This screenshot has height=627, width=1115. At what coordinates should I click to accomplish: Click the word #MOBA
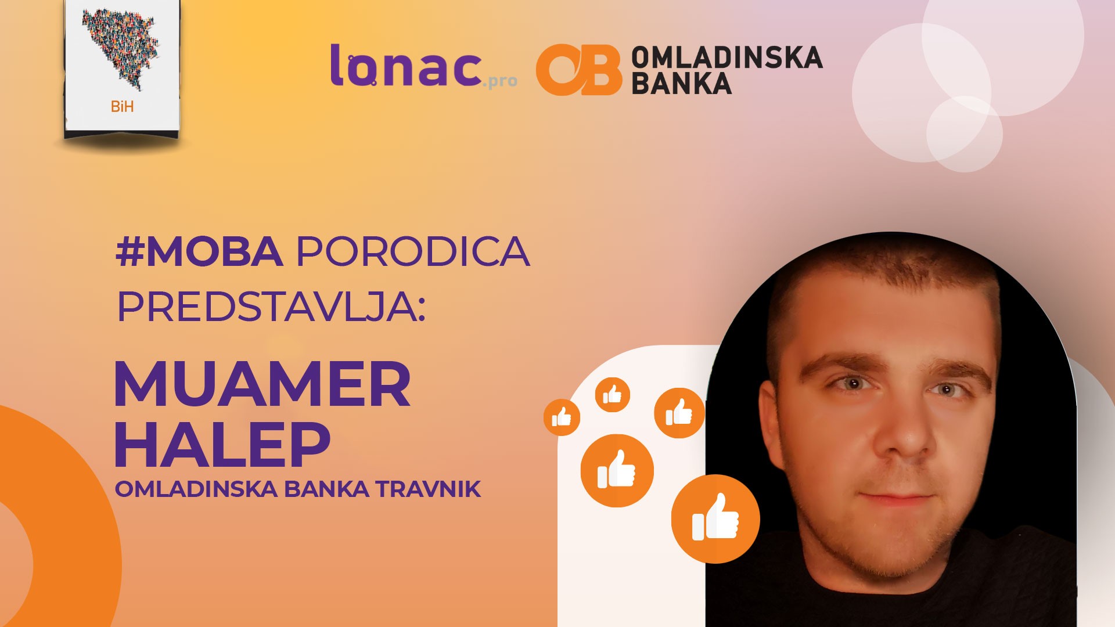click(x=199, y=251)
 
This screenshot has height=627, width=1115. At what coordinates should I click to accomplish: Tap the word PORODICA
click(x=413, y=251)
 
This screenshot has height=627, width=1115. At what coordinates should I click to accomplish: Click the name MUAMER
click(x=262, y=384)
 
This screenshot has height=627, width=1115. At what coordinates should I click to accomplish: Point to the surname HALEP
click(x=222, y=444)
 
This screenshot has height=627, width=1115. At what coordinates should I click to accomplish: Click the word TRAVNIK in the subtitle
click(x=428, y=489)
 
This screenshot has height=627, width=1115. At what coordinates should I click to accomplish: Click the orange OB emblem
click(x=578, y=69)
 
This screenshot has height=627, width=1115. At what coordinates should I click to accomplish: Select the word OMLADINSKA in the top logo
click(x=726, y=57)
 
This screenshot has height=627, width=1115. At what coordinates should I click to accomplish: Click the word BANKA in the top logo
click(x=681, y=83)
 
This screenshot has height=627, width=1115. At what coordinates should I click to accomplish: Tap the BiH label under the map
click(x=122, y=106)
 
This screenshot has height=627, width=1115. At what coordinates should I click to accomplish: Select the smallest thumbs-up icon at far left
click(x=562, y=417)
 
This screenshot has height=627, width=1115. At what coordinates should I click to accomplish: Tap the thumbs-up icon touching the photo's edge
click(x=679, y=413)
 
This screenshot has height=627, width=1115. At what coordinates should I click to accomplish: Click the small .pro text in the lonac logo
click(x=499, y=81)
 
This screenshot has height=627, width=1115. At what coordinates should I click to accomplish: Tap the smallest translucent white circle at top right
click(x=964, y=134)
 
